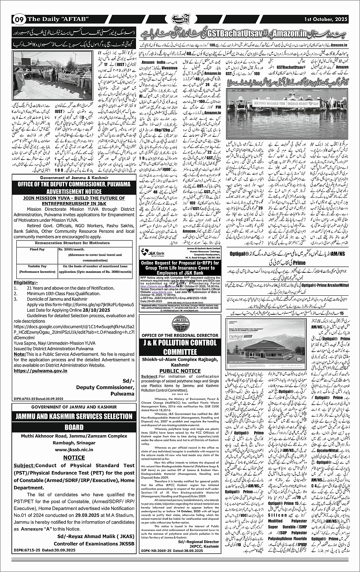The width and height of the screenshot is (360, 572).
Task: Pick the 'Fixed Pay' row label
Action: (x=37, y=249)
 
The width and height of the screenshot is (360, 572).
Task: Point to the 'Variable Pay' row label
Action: (x=37, y=266)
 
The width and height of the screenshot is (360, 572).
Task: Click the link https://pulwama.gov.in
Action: (x=37, y=370)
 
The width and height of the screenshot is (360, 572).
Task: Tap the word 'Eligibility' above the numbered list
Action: (x=26, y=282)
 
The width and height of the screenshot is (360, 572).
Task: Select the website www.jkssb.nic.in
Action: (x=74, y=450)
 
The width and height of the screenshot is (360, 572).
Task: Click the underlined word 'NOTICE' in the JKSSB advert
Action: (x=74, y=457)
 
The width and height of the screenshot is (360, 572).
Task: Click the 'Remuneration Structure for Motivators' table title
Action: (x=74, y=243)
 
